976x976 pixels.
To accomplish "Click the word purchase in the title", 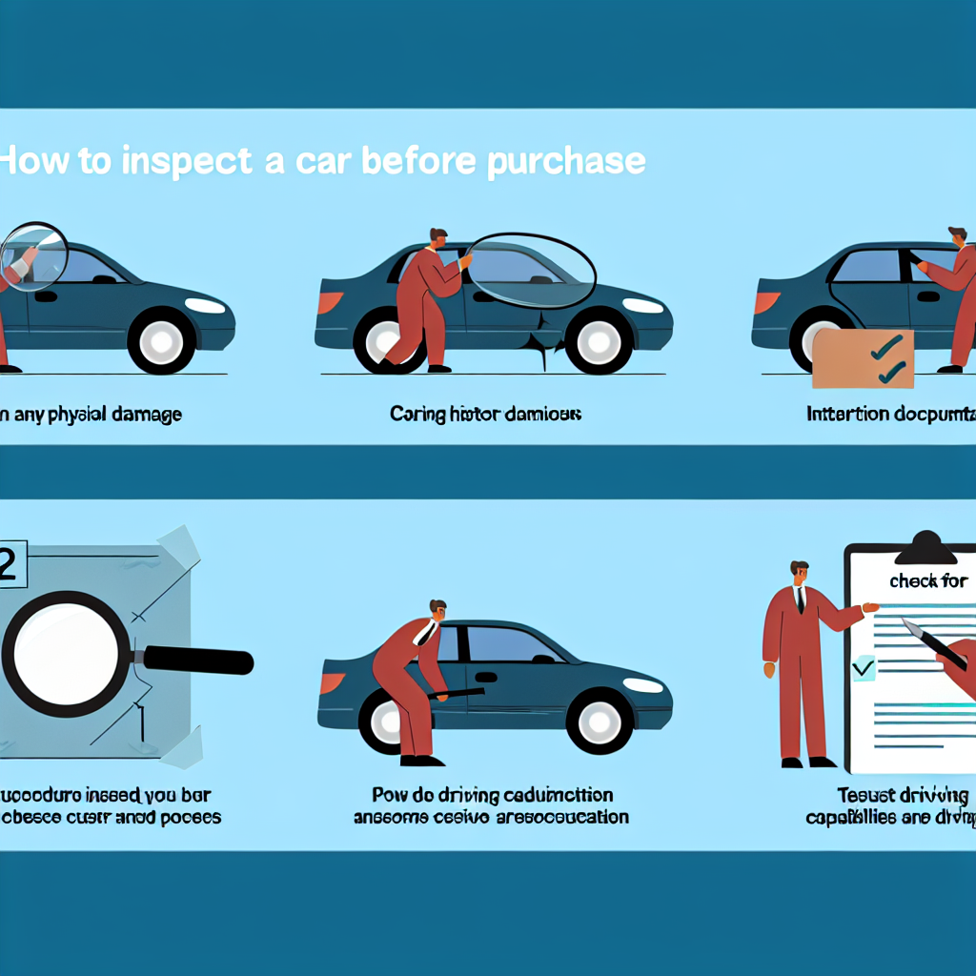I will [x=566, y=161].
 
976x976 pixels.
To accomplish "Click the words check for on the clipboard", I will [x=927, y=580].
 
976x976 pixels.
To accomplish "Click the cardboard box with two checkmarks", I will [x=862, y=358].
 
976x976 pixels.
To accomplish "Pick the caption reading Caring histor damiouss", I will [x=485, y=415].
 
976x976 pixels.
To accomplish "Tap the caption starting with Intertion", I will [x=886, y=415].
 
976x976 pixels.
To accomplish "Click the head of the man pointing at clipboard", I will [x=799, y=572].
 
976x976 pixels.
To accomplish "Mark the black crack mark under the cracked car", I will [x=544, y=347].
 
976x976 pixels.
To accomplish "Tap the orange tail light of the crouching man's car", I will [x=333, y=682].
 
